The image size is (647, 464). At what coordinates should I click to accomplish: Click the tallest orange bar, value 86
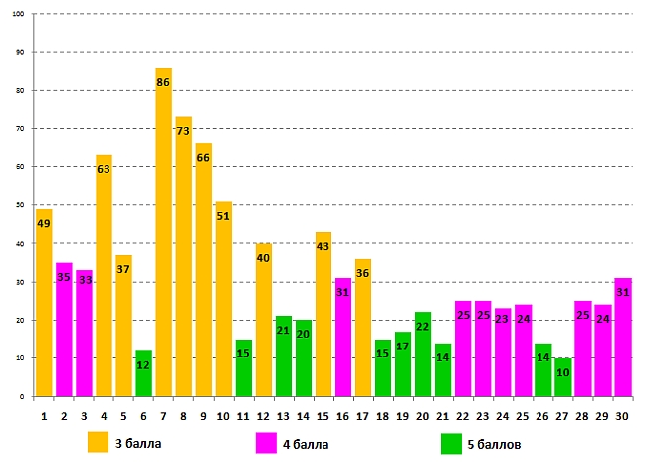point(163,239)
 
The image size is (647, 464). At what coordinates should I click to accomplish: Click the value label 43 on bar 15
point(323,247)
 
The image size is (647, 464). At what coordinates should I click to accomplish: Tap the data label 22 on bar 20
point(423,327)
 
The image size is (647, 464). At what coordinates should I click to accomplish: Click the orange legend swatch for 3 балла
point(98,442)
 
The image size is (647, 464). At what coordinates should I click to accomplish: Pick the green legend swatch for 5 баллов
point(451,442)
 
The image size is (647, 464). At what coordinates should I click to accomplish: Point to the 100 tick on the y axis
point(20,14)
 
